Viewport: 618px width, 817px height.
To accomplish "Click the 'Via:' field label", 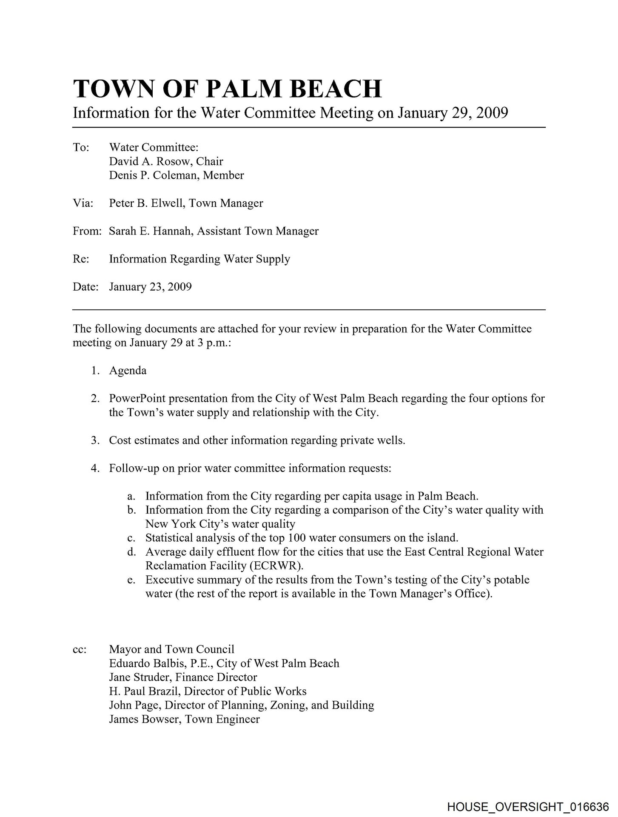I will (x=83, y=203).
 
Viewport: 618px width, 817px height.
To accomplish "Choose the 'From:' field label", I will (x=87, y=231).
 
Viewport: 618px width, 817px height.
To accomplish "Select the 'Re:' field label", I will (x=81, y=259).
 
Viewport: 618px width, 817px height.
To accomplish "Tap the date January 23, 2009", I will (x=150, y=287).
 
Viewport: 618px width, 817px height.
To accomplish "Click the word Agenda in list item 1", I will (x=128, y=371).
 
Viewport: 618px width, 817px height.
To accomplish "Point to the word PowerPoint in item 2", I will (x=138, y=399).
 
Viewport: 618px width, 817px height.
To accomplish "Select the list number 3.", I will (x=95, y=440).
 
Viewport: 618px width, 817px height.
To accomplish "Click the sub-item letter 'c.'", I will (x=131, y=538).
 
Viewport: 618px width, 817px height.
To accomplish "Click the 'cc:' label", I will (x=80, y=650).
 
